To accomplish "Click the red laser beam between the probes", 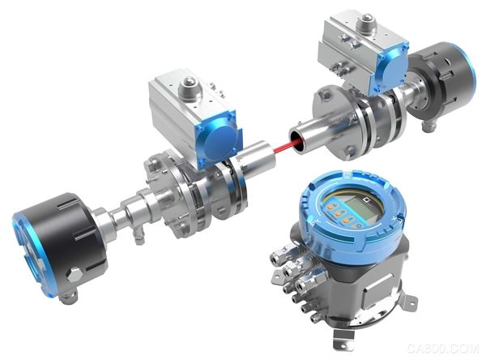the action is tap(284, 145).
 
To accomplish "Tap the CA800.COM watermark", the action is tap(443, 348).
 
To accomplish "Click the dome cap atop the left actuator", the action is tap(188, 83).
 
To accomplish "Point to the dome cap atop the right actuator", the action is tap(367, 19).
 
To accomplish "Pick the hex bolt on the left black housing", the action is tap(75, 275).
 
